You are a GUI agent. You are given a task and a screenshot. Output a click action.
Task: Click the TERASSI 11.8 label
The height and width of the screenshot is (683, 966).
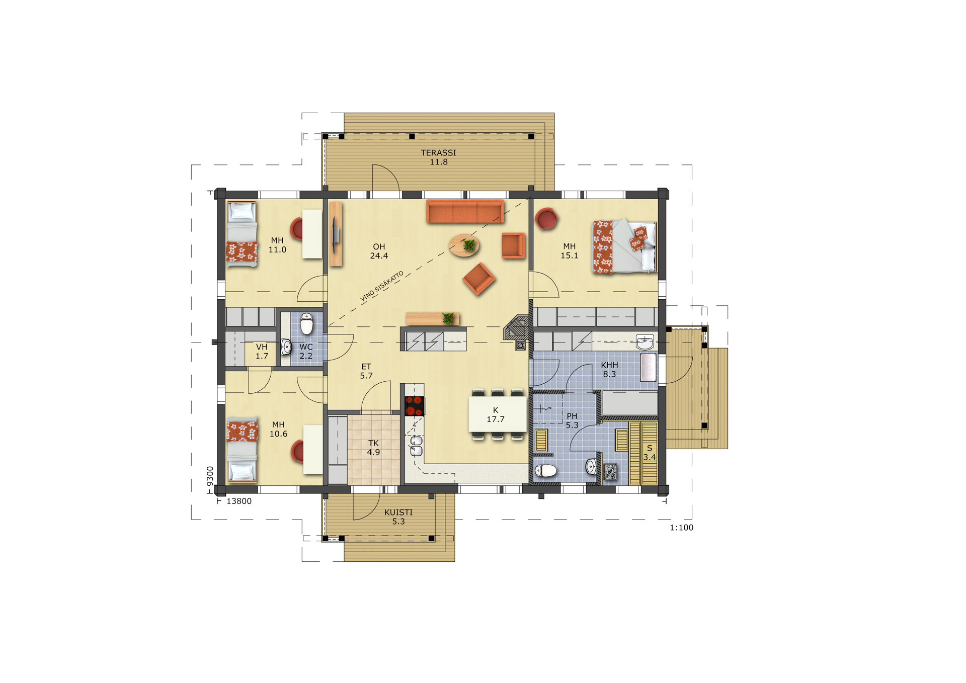438,157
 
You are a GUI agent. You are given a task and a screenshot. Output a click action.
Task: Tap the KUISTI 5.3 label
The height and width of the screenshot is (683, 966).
398,517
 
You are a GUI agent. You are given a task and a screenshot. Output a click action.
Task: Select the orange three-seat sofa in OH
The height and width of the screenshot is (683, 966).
465,211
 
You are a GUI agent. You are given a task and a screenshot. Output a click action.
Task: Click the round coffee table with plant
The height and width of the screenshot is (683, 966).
464,245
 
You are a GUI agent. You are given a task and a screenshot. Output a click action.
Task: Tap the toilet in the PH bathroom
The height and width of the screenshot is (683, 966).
545,471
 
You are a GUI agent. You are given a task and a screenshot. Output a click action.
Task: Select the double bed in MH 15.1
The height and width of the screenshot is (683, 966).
624,246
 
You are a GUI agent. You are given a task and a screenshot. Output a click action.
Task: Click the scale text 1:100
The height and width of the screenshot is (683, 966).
681,528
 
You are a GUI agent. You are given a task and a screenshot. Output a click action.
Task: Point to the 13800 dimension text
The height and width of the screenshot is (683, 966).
239,501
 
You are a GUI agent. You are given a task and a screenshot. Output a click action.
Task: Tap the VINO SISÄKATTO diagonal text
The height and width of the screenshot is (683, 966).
382,286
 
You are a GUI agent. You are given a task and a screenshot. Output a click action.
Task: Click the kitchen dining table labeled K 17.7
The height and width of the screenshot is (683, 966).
498,414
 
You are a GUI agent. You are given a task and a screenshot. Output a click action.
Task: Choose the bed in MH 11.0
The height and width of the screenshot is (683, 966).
242,234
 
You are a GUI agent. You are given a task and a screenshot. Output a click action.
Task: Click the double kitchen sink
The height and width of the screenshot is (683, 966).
416,446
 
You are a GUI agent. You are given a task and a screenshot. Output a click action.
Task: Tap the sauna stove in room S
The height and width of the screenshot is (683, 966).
610,472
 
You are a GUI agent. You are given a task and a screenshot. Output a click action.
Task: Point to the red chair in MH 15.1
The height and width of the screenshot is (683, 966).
546,219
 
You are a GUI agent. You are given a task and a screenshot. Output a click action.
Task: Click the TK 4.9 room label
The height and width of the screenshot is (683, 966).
373,448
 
